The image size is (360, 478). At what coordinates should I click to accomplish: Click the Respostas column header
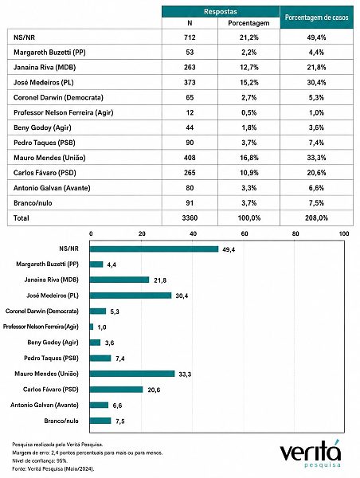(221, 12)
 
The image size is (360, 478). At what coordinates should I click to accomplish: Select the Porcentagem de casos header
(316, 18)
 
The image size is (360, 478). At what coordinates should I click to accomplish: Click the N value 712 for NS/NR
(190, 37)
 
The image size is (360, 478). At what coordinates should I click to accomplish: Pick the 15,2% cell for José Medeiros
(249, 82)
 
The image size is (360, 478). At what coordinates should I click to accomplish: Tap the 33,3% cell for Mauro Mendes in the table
(316, 158)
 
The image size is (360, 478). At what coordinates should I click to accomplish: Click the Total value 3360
(190, 218)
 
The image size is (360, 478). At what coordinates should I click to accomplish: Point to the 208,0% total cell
(316, 218)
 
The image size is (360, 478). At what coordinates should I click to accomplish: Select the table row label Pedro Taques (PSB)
(44, 143)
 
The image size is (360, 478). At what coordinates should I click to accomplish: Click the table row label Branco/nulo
(33, 203)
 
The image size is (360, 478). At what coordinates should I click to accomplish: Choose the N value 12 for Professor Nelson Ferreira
(190, 112)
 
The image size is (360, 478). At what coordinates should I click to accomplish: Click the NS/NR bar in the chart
(154, 249)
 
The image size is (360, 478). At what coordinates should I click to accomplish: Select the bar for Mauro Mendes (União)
(132, 374)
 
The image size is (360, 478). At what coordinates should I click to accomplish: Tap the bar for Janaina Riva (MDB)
(119, 280)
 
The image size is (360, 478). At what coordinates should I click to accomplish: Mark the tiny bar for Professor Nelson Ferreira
(92, 327)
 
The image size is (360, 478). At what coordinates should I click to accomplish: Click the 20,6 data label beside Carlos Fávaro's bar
(154, 390)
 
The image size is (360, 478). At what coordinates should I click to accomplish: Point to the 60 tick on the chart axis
(245, 233)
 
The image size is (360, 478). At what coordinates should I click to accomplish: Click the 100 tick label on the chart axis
(344, 233)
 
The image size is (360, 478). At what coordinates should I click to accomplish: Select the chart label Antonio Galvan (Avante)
(45, 406)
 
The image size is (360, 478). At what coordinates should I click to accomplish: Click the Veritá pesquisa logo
(311, 453)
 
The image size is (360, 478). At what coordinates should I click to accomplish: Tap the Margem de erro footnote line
(87, 453)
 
